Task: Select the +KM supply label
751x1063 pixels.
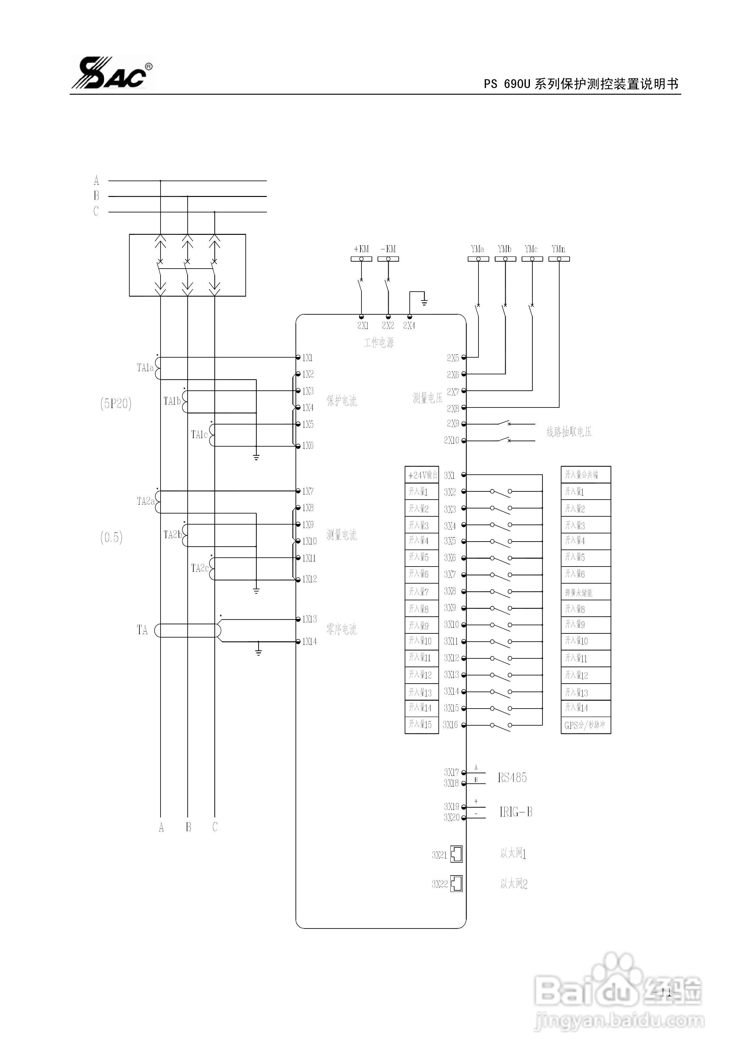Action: pos(361,249)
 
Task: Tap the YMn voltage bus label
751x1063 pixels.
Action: pos(559,249)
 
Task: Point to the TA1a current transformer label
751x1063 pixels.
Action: pos(145,368)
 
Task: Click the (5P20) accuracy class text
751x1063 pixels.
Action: pos(116,404)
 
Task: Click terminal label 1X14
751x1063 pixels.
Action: pos(309,642)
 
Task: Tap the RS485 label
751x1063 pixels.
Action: pos(512,778)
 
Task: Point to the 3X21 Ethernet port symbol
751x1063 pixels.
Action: pos(457,854)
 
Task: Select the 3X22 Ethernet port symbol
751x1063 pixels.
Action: pos(457,884)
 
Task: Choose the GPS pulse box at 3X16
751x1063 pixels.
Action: pos(585,725)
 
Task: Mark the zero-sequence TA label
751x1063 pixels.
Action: pos(142,630)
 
